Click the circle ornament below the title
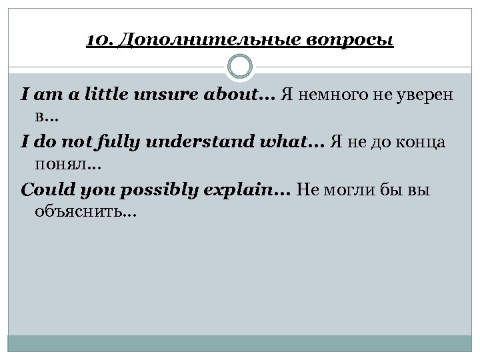pyautogui.click(x=240, y=67)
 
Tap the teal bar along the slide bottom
pyautogui.click(x=240, y=343)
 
